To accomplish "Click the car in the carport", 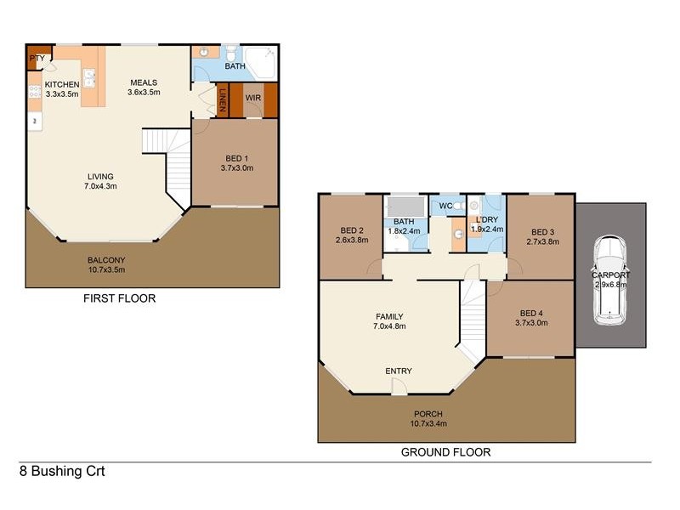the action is tap(609, 280).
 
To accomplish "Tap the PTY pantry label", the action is tap(37, 58).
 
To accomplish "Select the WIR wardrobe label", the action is tap(253, 98).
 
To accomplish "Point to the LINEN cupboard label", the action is tap(223, 100).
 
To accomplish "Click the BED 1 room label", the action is tap(237, 159).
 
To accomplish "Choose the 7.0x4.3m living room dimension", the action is tap(100, 186).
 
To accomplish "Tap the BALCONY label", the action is tap(106, 260).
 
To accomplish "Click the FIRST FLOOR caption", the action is tap(119, 298).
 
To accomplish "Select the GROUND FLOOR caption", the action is tap(445, 452).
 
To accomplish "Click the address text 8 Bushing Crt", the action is tap(62, 472).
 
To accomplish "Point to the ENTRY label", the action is tap(399, 371).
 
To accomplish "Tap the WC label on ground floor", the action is tap(445, 206).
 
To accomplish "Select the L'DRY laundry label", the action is tap(487, 219).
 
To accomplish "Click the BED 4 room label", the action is tap(531, 313).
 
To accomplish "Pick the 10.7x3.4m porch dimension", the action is tap(428, 423).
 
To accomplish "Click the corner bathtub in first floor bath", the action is tap(260, 62).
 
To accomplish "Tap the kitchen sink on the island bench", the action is tap(89, 78).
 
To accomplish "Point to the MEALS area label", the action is tap(144, 82).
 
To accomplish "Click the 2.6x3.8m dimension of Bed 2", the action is tap(352, 240).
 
